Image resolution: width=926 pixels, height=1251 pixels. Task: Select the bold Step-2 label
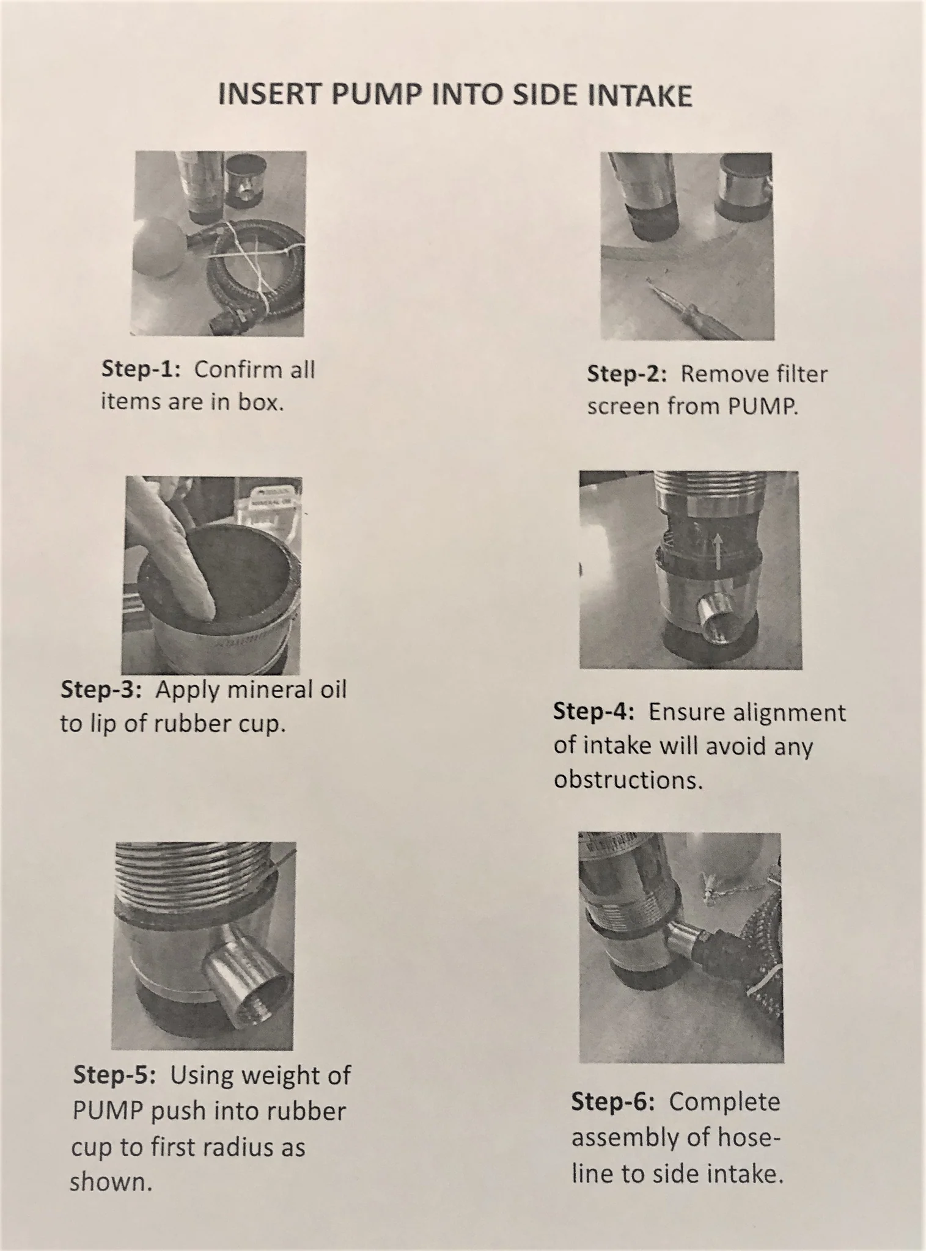[x=627, y=374]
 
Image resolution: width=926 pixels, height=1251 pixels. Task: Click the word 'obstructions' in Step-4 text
[x=628, y=780]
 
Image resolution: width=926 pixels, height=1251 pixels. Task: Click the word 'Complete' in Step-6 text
[x=725, y=1102]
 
